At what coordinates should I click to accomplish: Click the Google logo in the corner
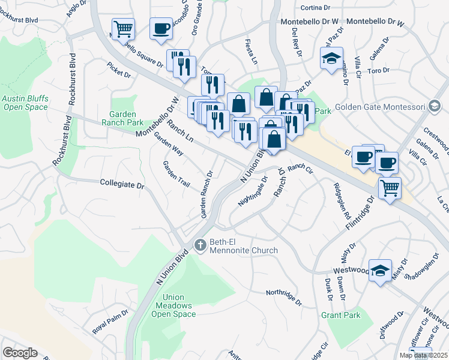[20, 353]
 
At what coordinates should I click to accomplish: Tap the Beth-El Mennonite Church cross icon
[200, 244]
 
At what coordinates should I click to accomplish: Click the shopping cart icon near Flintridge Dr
[390, 189]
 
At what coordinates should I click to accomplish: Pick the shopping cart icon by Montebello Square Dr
[123, 28]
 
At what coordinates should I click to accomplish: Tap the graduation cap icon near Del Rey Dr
[331, 59]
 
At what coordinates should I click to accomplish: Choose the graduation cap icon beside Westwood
[380, 271]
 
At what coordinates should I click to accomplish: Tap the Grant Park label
[340, 315]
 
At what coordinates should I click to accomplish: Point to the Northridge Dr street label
[284, 293]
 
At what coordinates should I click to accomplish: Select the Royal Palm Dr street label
[110, 322]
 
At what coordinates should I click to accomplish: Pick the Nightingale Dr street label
[253, 191]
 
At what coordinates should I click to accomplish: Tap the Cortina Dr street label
[315, 8]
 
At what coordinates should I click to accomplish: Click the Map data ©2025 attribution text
[423, 355]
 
